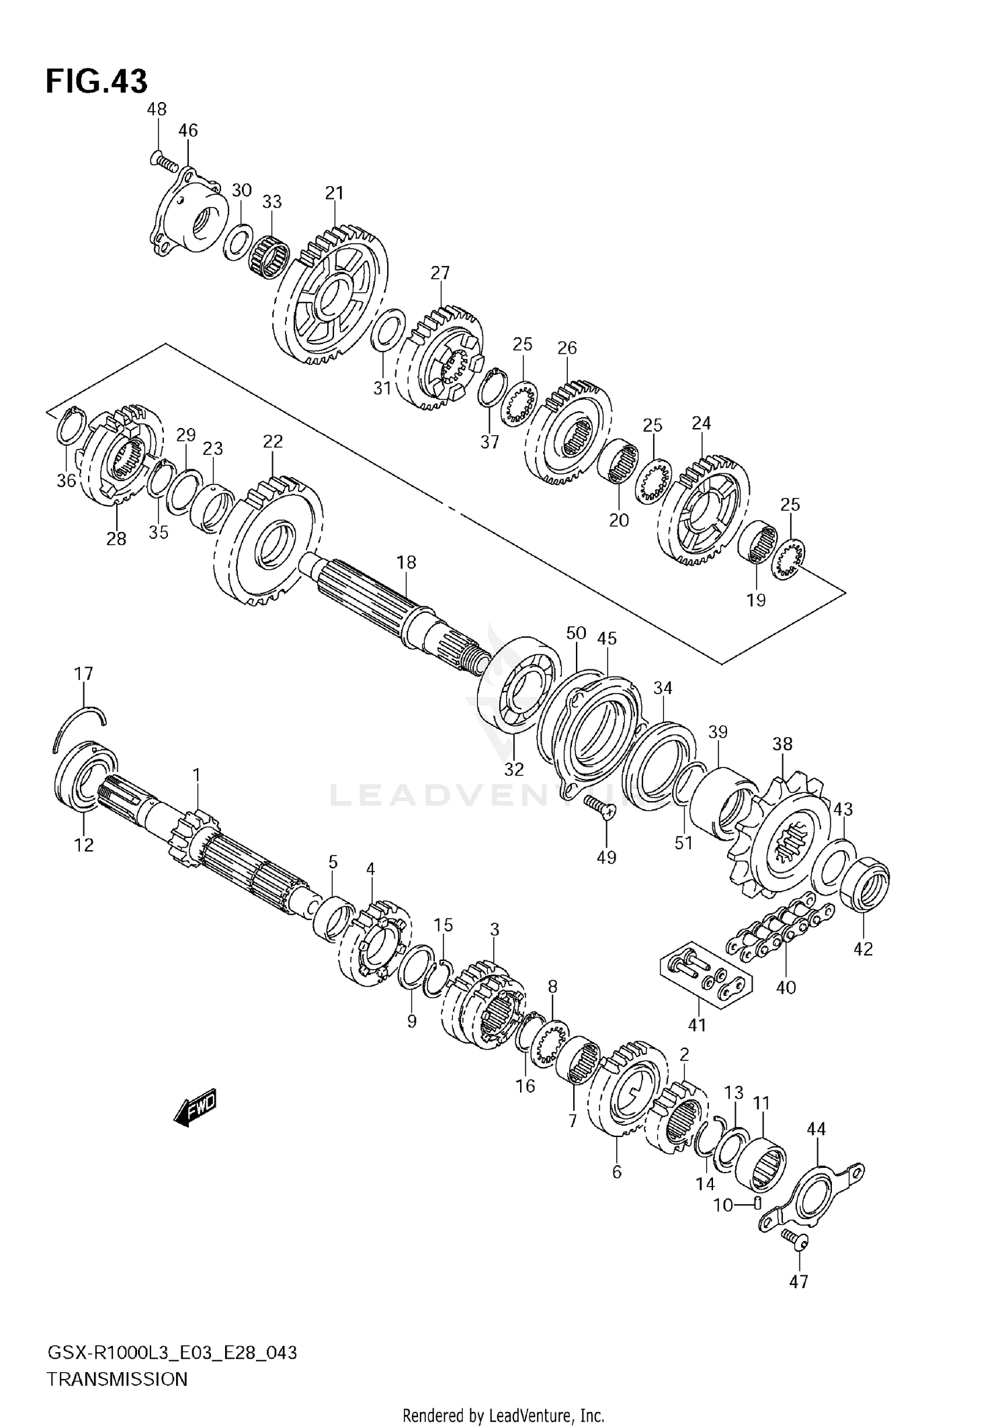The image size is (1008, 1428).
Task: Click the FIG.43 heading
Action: [96, 81]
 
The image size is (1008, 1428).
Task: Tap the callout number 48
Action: [157, 109]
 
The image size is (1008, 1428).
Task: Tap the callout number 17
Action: [84, 673]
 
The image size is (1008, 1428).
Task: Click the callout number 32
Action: [514, 768]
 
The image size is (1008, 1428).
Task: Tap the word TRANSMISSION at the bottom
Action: [117, 1379]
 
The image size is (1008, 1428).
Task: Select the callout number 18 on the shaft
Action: [406, 562]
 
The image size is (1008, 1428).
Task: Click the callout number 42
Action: [863, 948]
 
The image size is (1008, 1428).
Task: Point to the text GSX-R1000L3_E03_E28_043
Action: [171, 1352]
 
